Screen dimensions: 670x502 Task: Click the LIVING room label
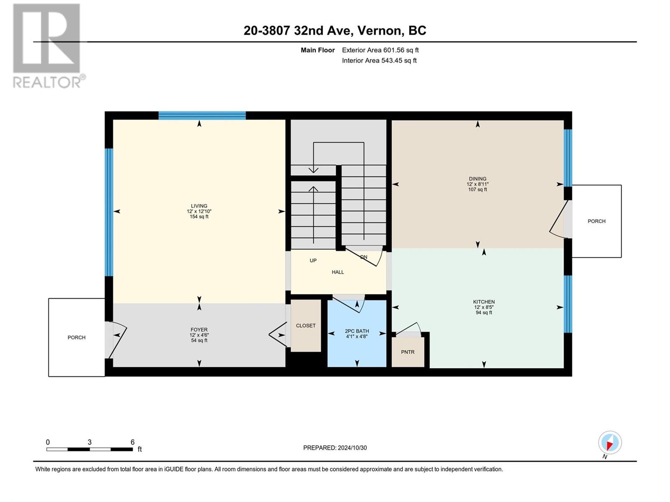(x=199, y=206)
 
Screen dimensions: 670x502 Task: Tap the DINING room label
(x=478, y=179)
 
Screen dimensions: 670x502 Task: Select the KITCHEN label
(x=484, y=302)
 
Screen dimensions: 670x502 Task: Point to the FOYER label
(x=199, y=330)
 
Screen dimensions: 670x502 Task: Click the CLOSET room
(x=306, y=325)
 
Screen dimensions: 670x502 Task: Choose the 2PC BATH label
(x=357, y=331)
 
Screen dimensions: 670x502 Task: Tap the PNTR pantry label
(x=408, y=352)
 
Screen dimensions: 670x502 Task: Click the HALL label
(x=338, y=272)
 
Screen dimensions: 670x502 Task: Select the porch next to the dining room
(x=597, y=221)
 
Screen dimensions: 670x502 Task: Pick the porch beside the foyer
(x=77, y=338)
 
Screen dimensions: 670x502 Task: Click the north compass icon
(x=610, y=443)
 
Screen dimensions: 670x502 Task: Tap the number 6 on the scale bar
(x=132, y=442)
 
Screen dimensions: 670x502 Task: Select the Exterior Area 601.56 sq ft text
(x=380, y=50)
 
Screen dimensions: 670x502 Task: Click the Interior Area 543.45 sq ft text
(x=379, y=60)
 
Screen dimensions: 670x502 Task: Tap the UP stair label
(x=313, y=261)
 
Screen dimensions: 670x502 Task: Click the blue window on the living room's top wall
(x=202, y=115)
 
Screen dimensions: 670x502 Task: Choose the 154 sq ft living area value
(x=199, y=217)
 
